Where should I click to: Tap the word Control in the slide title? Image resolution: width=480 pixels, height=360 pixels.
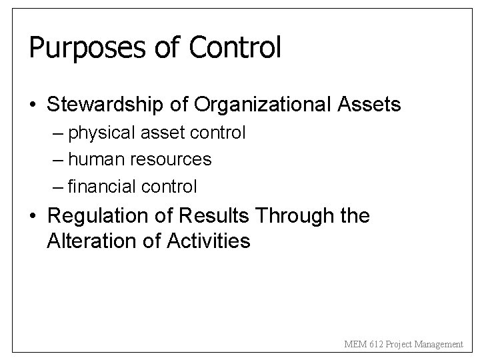click(x=235, y=47)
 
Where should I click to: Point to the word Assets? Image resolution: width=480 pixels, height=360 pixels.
click(x=369, y=105)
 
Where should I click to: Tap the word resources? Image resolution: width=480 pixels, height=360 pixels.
click(x=171, y=160)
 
